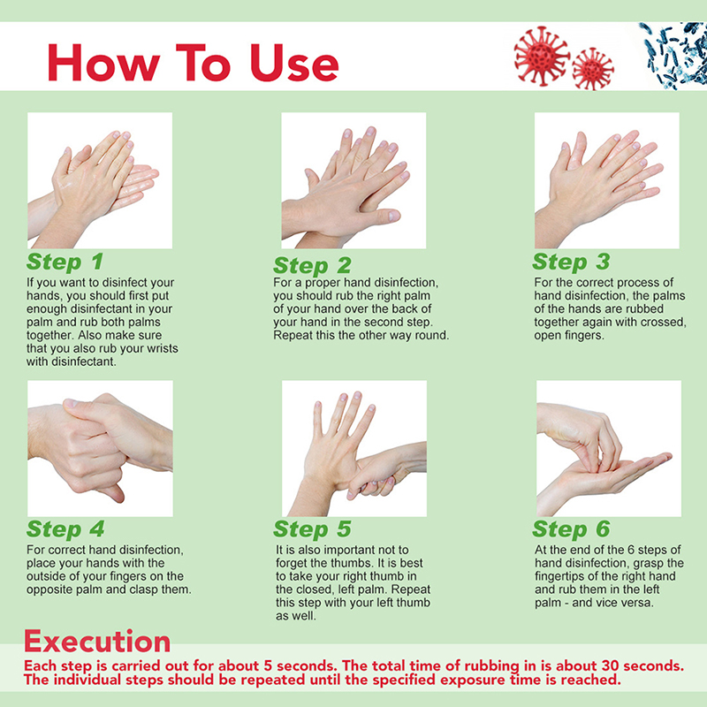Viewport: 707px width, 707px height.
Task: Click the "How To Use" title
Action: click(x=193, y=62)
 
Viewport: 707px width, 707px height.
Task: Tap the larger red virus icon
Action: click(x=542, y=56)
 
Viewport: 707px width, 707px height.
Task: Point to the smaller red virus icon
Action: click(x=593, y=69)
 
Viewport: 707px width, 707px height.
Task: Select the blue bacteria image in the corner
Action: click(x=673, y=55)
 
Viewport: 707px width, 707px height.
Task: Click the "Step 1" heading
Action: click(x=65, y=262)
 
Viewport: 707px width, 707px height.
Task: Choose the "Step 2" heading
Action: click(x=312, y=266)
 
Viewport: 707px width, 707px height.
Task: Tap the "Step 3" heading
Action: click(x=571, y=262)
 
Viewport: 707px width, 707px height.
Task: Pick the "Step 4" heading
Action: click(x=65, y=529)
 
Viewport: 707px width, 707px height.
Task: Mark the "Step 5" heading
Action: click(x=312, y=529)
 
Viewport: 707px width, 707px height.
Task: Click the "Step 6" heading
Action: click(x=571, y=529)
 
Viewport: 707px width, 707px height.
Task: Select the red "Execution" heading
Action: click(x=97, y=642)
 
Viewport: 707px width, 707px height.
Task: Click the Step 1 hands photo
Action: click(x=100, y=180)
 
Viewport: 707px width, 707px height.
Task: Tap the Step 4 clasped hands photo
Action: click(x=100, y=449)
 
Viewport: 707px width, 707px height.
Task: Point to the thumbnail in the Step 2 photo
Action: click(x=393, y=215)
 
